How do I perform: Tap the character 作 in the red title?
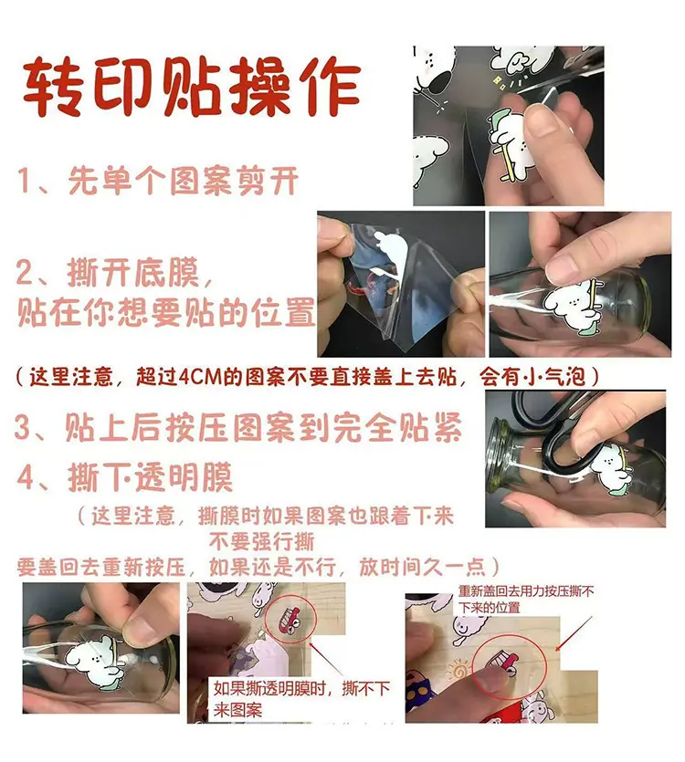pos(330,88)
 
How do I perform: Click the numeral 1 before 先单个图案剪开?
pos(25,180)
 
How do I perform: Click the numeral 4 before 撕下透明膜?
pos(26,478)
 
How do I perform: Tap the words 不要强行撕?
pos(262,541)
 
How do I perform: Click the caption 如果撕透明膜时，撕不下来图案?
pos(301,699)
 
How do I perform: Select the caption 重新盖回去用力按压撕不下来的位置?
pos(525,600)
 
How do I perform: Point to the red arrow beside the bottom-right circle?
pos(574,633)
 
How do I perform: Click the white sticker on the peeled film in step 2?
pos(389,251)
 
